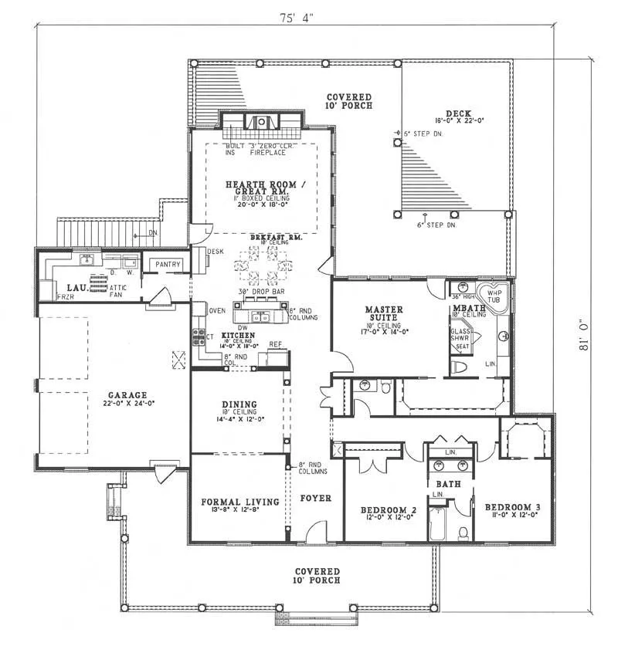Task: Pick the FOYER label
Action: point(315,498)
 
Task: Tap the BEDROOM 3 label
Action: point(512,507)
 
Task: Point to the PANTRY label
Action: point(168,265)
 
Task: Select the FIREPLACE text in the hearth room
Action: point(267,153)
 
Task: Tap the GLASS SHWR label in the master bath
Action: point(461,336)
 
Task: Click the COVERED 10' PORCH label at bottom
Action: point(317,575)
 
